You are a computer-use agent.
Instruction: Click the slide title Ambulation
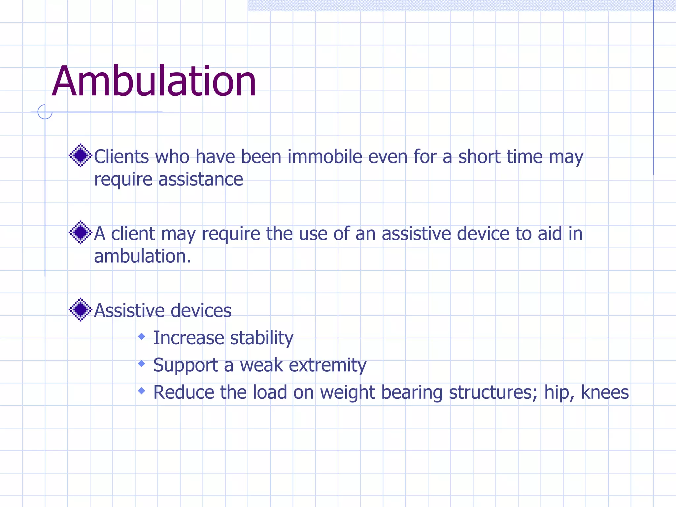154,81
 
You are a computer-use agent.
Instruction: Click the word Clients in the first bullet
121,156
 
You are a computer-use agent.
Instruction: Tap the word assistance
201,180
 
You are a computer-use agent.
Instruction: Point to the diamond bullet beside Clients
80,155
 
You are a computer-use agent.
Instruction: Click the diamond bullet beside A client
80,233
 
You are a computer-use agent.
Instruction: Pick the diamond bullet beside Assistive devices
80,310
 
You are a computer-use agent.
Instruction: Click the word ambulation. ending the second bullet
143,256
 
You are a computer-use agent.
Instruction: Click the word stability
261,338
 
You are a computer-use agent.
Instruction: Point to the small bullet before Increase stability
142,337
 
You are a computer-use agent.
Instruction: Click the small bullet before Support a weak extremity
142,364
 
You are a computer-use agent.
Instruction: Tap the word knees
605,392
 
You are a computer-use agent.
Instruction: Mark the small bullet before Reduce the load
142,391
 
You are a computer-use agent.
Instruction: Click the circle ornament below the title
45,112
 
